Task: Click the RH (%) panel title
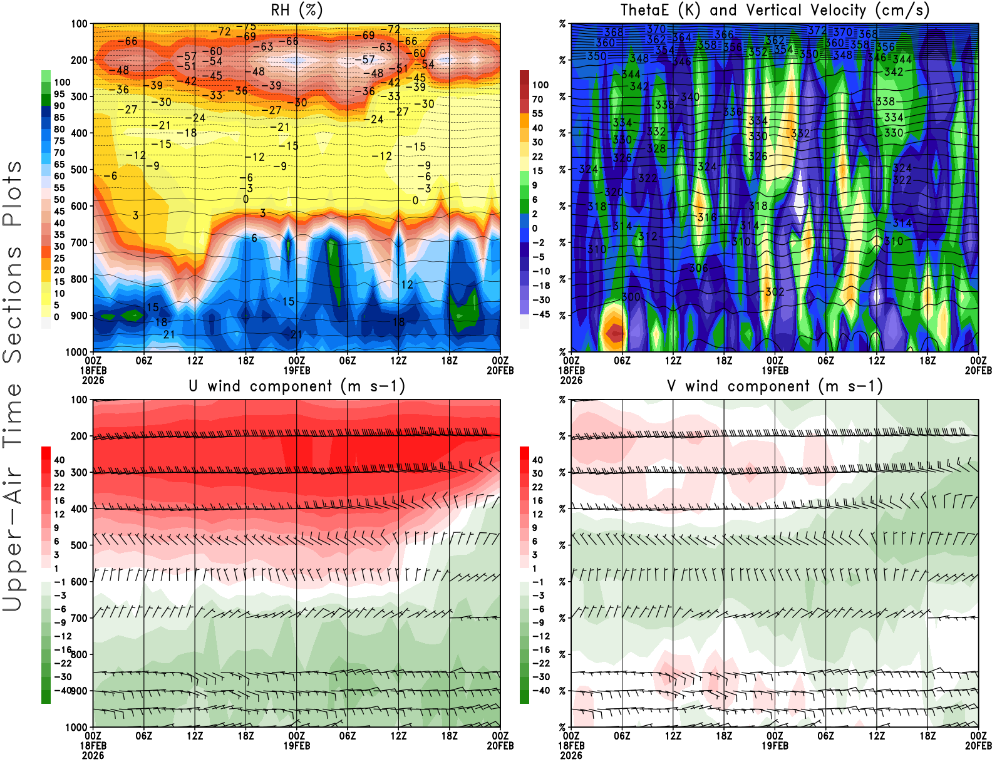coord(297,11)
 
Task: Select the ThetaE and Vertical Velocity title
coord(775,11)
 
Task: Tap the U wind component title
coord(297,386)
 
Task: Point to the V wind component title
coord(775,386)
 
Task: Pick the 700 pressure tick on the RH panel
coord(79,242)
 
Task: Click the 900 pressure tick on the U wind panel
coord(79,691)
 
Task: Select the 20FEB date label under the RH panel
coord(500,371)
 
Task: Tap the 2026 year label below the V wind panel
coord(571,756)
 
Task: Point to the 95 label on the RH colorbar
coord(59,94)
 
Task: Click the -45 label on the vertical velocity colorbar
coord(541,314)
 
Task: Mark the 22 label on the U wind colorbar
coord(59,487)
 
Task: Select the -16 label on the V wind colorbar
coord(541,650)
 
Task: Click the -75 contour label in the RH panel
coord(249,27)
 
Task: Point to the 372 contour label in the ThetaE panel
coord(817,30)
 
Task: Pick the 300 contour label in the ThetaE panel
coord(631,297)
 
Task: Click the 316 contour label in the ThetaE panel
coord(707,217)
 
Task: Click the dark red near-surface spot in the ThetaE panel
coord(616,333)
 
